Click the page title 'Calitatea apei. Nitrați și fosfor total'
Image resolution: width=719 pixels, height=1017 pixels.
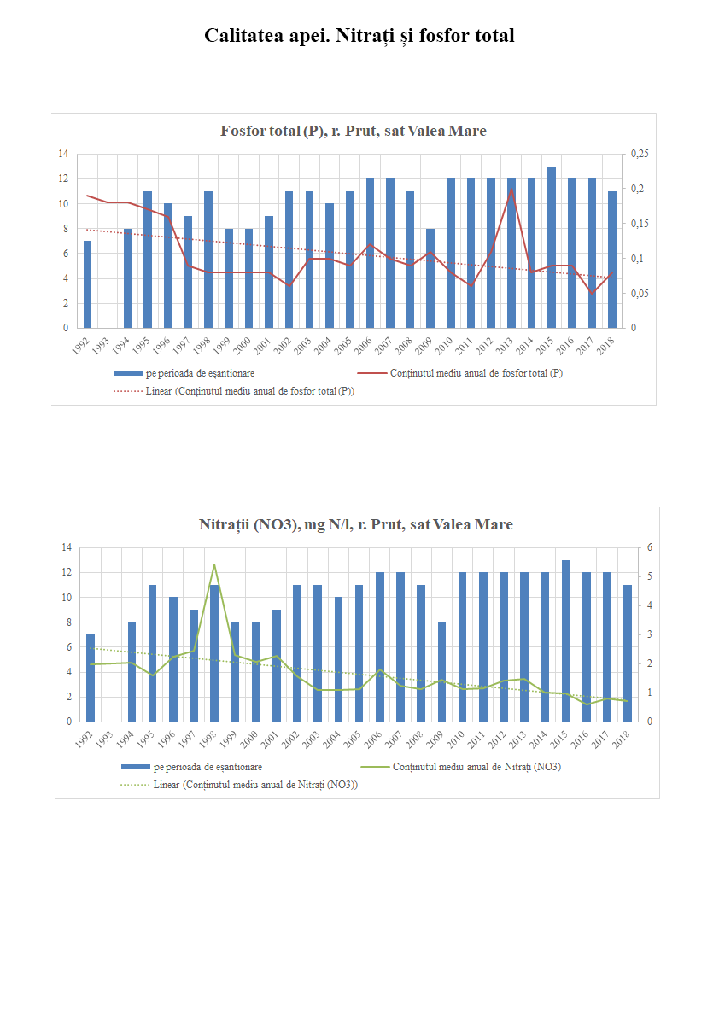[x=359, y=36]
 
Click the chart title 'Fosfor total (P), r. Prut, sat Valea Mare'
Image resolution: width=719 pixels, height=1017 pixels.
[x=353, y=131]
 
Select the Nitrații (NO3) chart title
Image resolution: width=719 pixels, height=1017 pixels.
[x=355, y=524]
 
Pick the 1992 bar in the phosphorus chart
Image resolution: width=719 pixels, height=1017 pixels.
[x=87, y=284]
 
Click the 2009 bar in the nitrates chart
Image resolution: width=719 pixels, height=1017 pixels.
[x=441, y=672]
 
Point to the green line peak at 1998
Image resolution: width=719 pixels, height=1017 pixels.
[x=214, y=564]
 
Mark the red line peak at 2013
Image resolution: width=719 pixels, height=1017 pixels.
[x=511, y=189]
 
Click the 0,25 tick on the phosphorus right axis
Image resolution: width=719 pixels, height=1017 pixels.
[x=640, y=154]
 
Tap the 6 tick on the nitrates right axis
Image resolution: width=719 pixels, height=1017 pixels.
[x=649, y=547]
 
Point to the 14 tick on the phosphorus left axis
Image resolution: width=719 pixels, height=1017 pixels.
[x=62, y=154]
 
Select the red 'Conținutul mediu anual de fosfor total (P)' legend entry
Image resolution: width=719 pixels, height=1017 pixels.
[x=476, y=373]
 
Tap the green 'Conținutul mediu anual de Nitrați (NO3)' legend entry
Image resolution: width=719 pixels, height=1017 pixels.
[x=476, y=767]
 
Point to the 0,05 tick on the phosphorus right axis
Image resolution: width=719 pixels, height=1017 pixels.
[x=640, y=294]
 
